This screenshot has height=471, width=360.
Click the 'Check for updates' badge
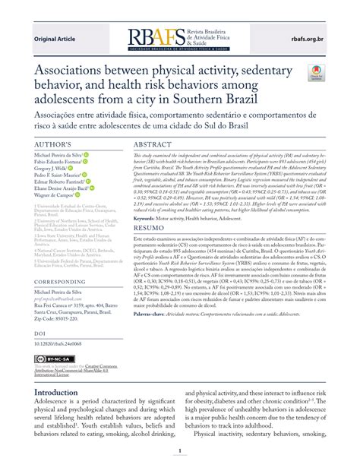pyautogui.click(x=314, y=73)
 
